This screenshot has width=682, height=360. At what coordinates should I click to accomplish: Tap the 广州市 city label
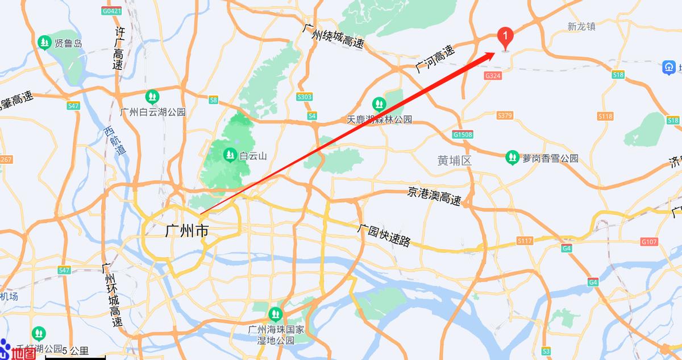pos(186,231)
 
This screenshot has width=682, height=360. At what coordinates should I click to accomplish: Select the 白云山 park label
pos(253,155)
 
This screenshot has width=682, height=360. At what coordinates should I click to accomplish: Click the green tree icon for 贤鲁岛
pos(44,43)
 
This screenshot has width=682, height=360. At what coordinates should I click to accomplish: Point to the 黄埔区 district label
pos(455,161)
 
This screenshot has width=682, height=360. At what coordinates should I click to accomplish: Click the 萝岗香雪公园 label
pos(550,158)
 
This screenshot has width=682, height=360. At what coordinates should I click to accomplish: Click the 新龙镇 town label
pos(581,26)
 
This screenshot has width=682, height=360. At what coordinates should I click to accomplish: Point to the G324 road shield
pos(493,75)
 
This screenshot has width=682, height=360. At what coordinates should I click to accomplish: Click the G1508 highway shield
pos(463,135)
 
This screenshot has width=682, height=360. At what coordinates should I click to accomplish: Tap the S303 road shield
pos(305,97)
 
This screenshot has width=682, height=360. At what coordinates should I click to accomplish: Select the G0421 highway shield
pos(112,11)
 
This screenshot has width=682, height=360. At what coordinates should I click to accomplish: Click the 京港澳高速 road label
pos(434,196)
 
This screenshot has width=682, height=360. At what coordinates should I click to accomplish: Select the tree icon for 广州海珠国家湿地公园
pos(275,313)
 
